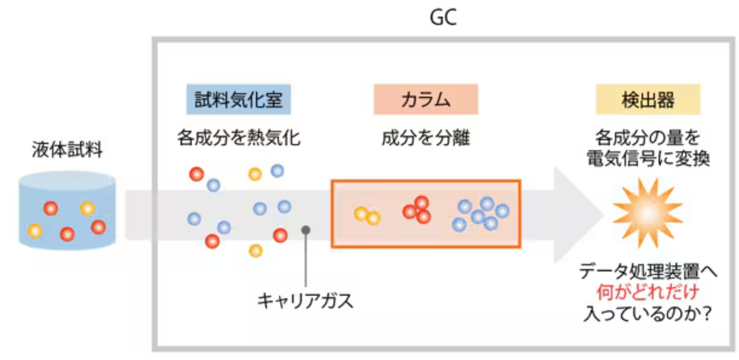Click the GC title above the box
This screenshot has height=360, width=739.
tap(443, 17)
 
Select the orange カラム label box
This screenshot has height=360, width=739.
tap(425, 100)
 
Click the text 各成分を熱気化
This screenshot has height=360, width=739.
tap(239, 137)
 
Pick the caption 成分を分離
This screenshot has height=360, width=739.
tap(425, 137)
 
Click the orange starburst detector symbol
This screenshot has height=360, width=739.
tap(646, 212)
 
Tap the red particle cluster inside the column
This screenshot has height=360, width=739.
tap(417, 210)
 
